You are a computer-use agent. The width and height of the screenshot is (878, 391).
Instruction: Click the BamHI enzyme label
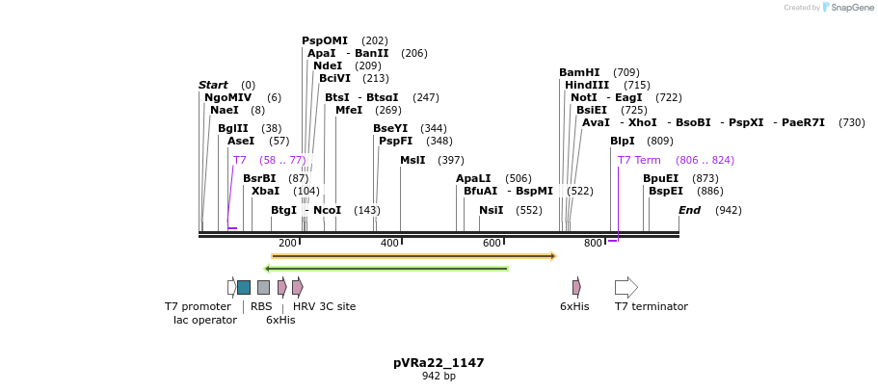click(579, 72)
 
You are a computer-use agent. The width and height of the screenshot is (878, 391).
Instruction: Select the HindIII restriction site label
click(587, 85)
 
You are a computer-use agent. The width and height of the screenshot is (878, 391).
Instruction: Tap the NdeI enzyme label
click(328, 65)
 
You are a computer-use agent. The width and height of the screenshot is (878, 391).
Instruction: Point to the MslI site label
click(412, 160)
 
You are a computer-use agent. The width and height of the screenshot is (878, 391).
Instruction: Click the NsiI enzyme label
click(491, 210)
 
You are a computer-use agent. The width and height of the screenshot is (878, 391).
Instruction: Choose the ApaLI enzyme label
click(474, 178)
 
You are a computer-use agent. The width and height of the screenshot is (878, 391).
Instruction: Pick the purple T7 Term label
click(639, 160)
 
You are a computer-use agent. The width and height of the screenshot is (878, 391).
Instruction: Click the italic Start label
click(213, 85)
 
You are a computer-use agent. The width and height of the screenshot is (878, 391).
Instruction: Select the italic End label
click(689, 210)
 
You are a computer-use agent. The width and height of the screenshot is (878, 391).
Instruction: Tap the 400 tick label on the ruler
click(389, 244)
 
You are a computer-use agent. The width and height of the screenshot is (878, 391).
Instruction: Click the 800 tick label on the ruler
click(593, 244)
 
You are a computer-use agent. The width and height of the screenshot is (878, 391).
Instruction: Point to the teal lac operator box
click(244, 287)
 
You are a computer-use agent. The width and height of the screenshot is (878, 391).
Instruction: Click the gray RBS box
click(263, 287)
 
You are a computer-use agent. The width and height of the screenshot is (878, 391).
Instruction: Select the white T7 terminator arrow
click(626, 287)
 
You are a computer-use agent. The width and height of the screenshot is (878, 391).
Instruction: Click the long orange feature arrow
click(414, 256)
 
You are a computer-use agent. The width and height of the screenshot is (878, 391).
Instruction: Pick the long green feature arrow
click(386, 269)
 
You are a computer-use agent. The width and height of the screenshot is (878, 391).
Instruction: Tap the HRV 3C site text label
click(324, 307)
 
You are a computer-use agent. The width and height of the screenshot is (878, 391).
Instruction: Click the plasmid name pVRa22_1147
click(439, 363)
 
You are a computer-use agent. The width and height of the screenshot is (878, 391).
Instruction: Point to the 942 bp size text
click(439, 377)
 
